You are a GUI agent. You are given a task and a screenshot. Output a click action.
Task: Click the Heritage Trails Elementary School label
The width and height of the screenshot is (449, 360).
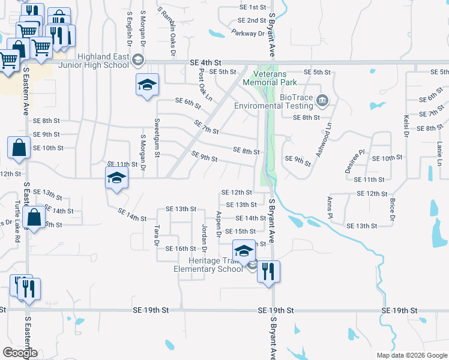point(208,265)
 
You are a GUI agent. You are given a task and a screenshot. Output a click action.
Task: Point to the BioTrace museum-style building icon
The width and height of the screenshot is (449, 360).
point(323,99)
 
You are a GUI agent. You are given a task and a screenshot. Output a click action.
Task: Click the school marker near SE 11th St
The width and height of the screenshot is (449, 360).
point(116,178)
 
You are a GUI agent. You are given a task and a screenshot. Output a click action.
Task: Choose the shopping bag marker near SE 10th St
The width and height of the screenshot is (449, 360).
point(19,147)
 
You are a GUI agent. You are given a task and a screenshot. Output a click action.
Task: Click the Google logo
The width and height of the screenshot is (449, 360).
point(20,353)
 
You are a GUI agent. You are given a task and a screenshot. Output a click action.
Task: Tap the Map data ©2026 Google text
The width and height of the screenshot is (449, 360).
point(411,355)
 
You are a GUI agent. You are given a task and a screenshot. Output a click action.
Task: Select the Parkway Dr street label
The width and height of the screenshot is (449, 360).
point(248,34)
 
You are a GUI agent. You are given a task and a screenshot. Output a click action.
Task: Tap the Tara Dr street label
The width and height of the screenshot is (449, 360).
point(157,235)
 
